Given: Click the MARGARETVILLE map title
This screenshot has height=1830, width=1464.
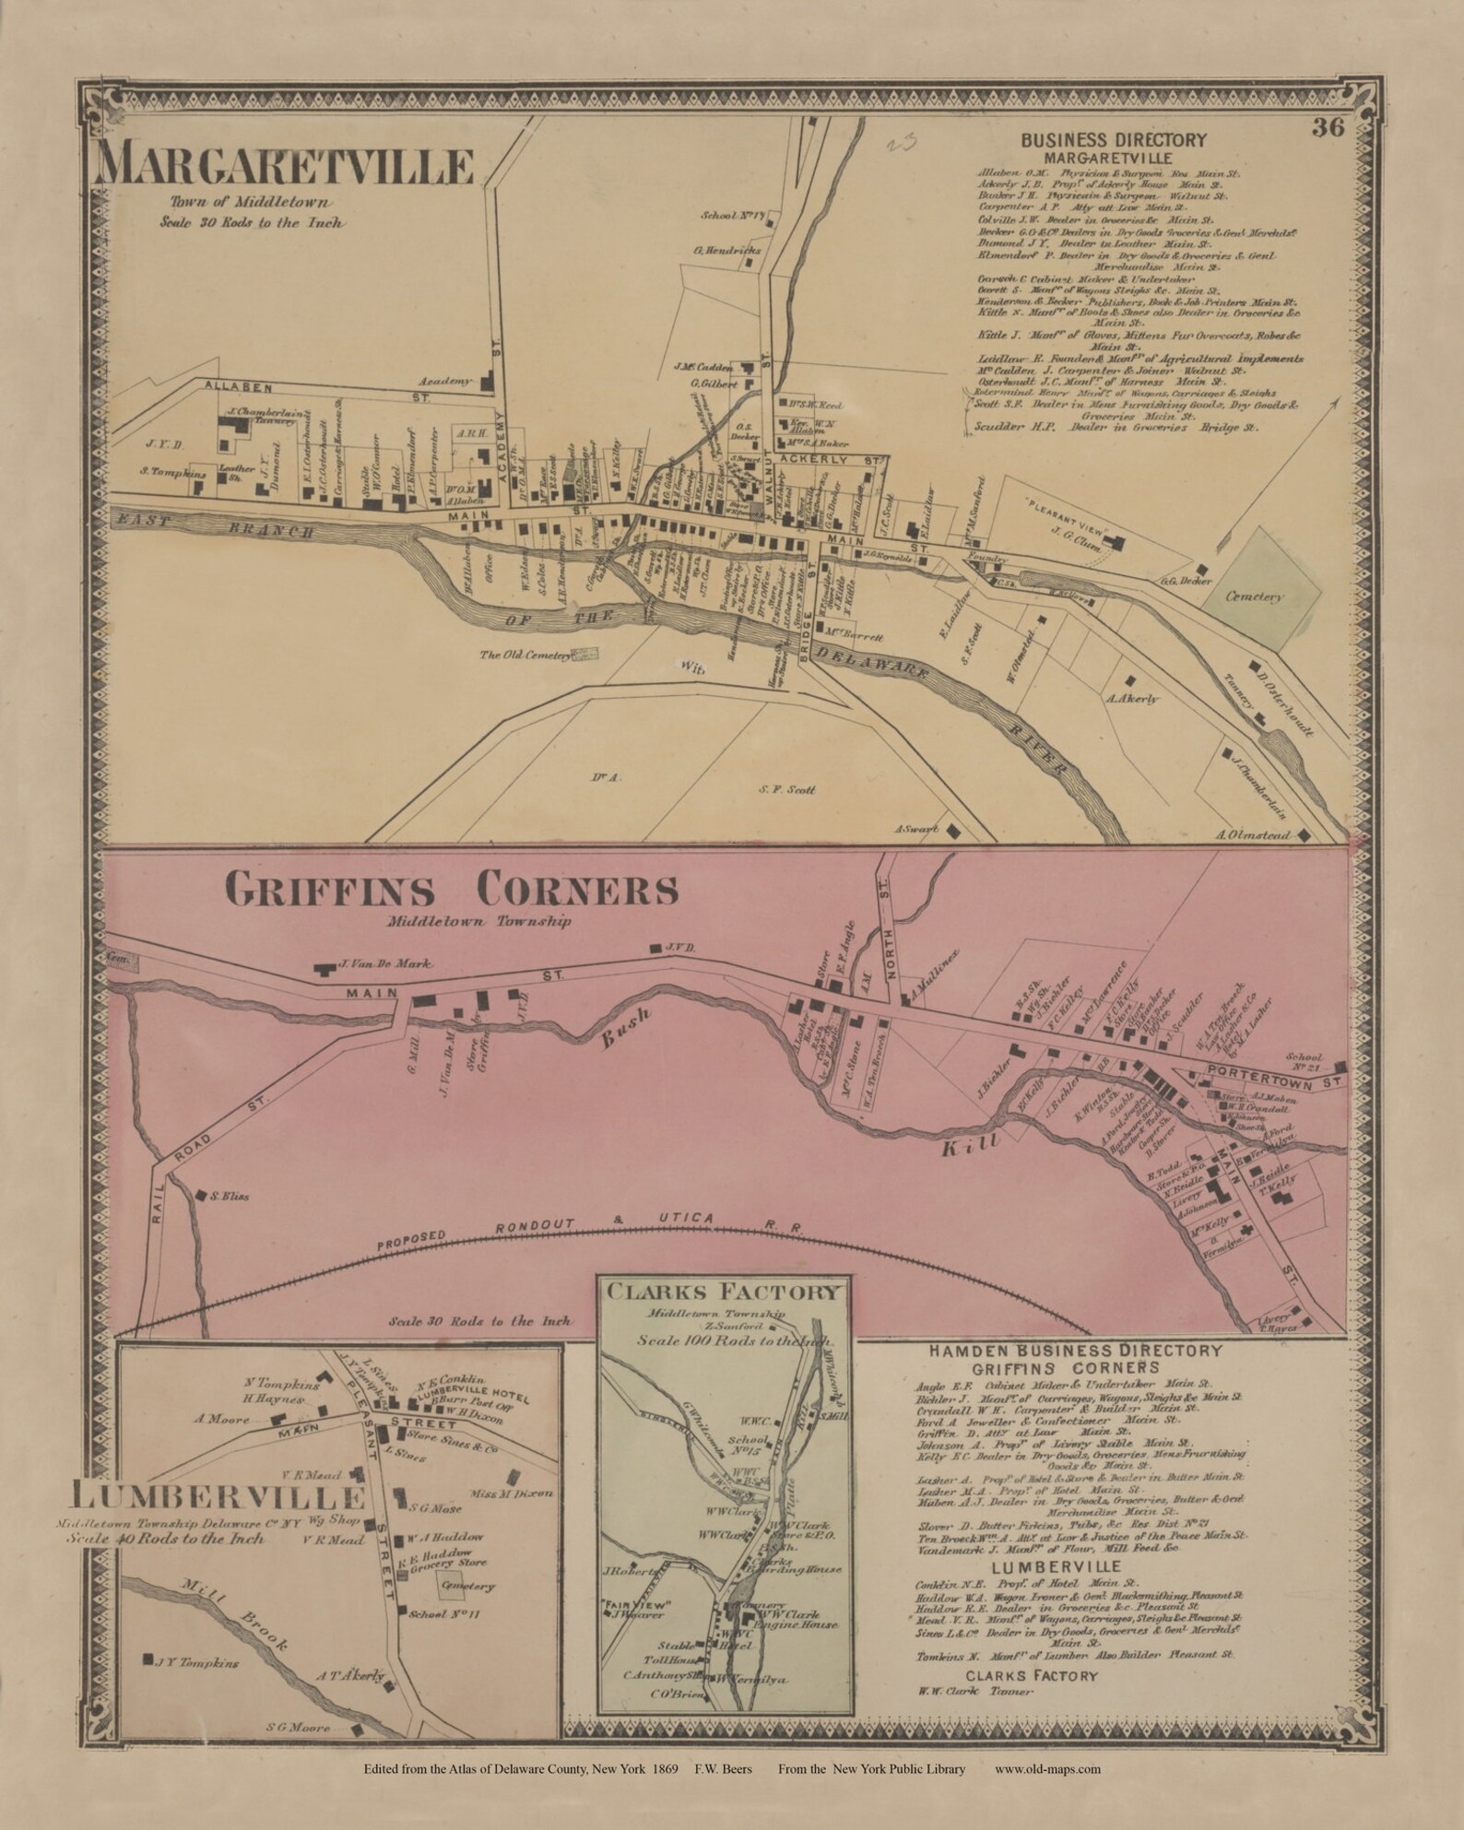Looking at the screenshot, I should (286, 167).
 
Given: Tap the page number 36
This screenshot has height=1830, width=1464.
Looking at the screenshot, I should (1330, 127).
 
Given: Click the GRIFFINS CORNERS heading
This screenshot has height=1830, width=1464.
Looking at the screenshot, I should (452, 891).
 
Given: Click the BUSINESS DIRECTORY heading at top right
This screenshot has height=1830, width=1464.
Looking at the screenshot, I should (1113, 139).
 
